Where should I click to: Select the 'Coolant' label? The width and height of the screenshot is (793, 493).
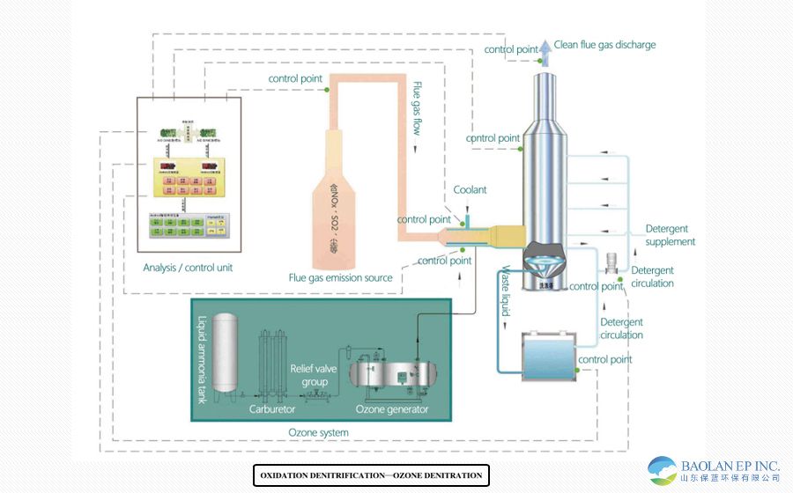coord(470,189)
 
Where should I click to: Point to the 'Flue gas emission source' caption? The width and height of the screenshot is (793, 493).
coord(341,278)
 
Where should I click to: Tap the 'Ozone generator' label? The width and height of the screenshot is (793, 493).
coord(392,409)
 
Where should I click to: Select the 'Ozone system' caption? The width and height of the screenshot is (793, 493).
coord(319,432)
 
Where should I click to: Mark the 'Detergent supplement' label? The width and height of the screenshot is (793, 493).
coord(670,235)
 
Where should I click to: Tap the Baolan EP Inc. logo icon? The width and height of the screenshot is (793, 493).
coord(663,469)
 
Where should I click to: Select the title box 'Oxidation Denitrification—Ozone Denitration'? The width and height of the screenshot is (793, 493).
coord(371,475)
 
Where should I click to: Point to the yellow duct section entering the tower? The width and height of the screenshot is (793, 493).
coord(505,237)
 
